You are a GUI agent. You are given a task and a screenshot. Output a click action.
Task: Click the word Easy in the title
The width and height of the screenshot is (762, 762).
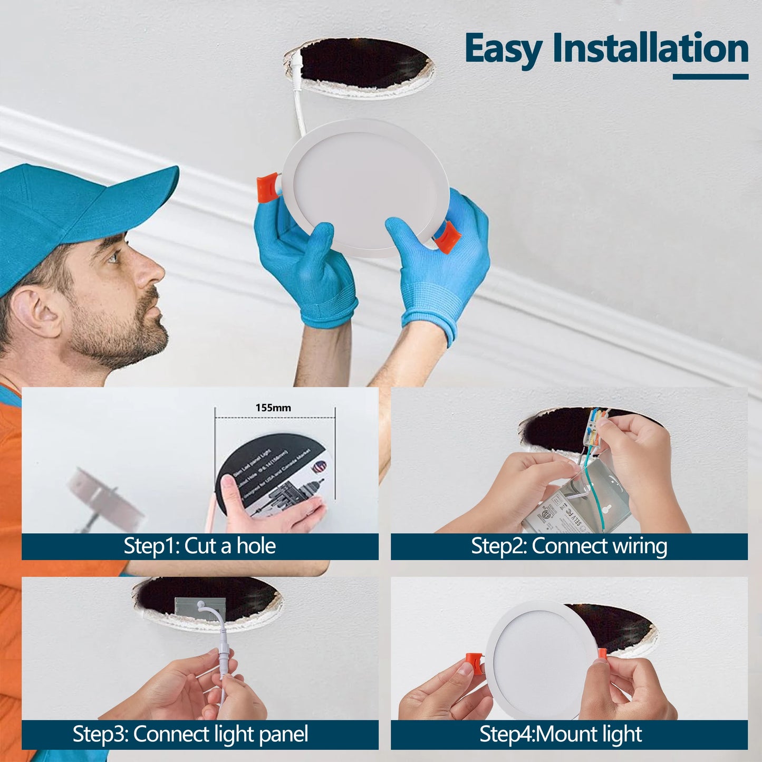pos(504,49)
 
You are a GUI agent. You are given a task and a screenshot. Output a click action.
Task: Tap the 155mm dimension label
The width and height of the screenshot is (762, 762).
pos(273,408)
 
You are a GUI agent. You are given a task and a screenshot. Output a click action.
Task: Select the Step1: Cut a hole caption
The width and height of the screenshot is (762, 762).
pos(199,546)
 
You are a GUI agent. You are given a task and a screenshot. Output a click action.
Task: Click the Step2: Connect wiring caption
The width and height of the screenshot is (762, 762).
pos(568,546)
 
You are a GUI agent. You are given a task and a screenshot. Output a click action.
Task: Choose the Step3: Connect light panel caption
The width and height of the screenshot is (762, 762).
pos(190,734)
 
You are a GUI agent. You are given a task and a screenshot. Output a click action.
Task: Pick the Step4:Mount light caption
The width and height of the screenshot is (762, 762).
pos(561,734)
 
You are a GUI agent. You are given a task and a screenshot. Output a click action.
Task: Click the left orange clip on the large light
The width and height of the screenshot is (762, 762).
pos(267,187)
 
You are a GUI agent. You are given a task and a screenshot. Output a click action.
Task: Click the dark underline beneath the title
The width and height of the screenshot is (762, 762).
pos(710,77)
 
